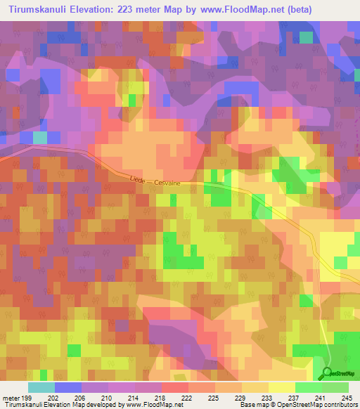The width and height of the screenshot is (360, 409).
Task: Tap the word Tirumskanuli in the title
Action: tap(39, 9)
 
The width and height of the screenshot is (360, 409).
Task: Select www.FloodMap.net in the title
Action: tap(247, 9)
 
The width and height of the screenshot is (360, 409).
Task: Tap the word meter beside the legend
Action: tap(10, 397)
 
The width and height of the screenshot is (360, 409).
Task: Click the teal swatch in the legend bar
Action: tap(41, 387)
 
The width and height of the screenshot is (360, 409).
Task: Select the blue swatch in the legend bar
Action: tap(67, 387)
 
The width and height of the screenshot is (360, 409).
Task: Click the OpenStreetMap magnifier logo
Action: tap(328, 373)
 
